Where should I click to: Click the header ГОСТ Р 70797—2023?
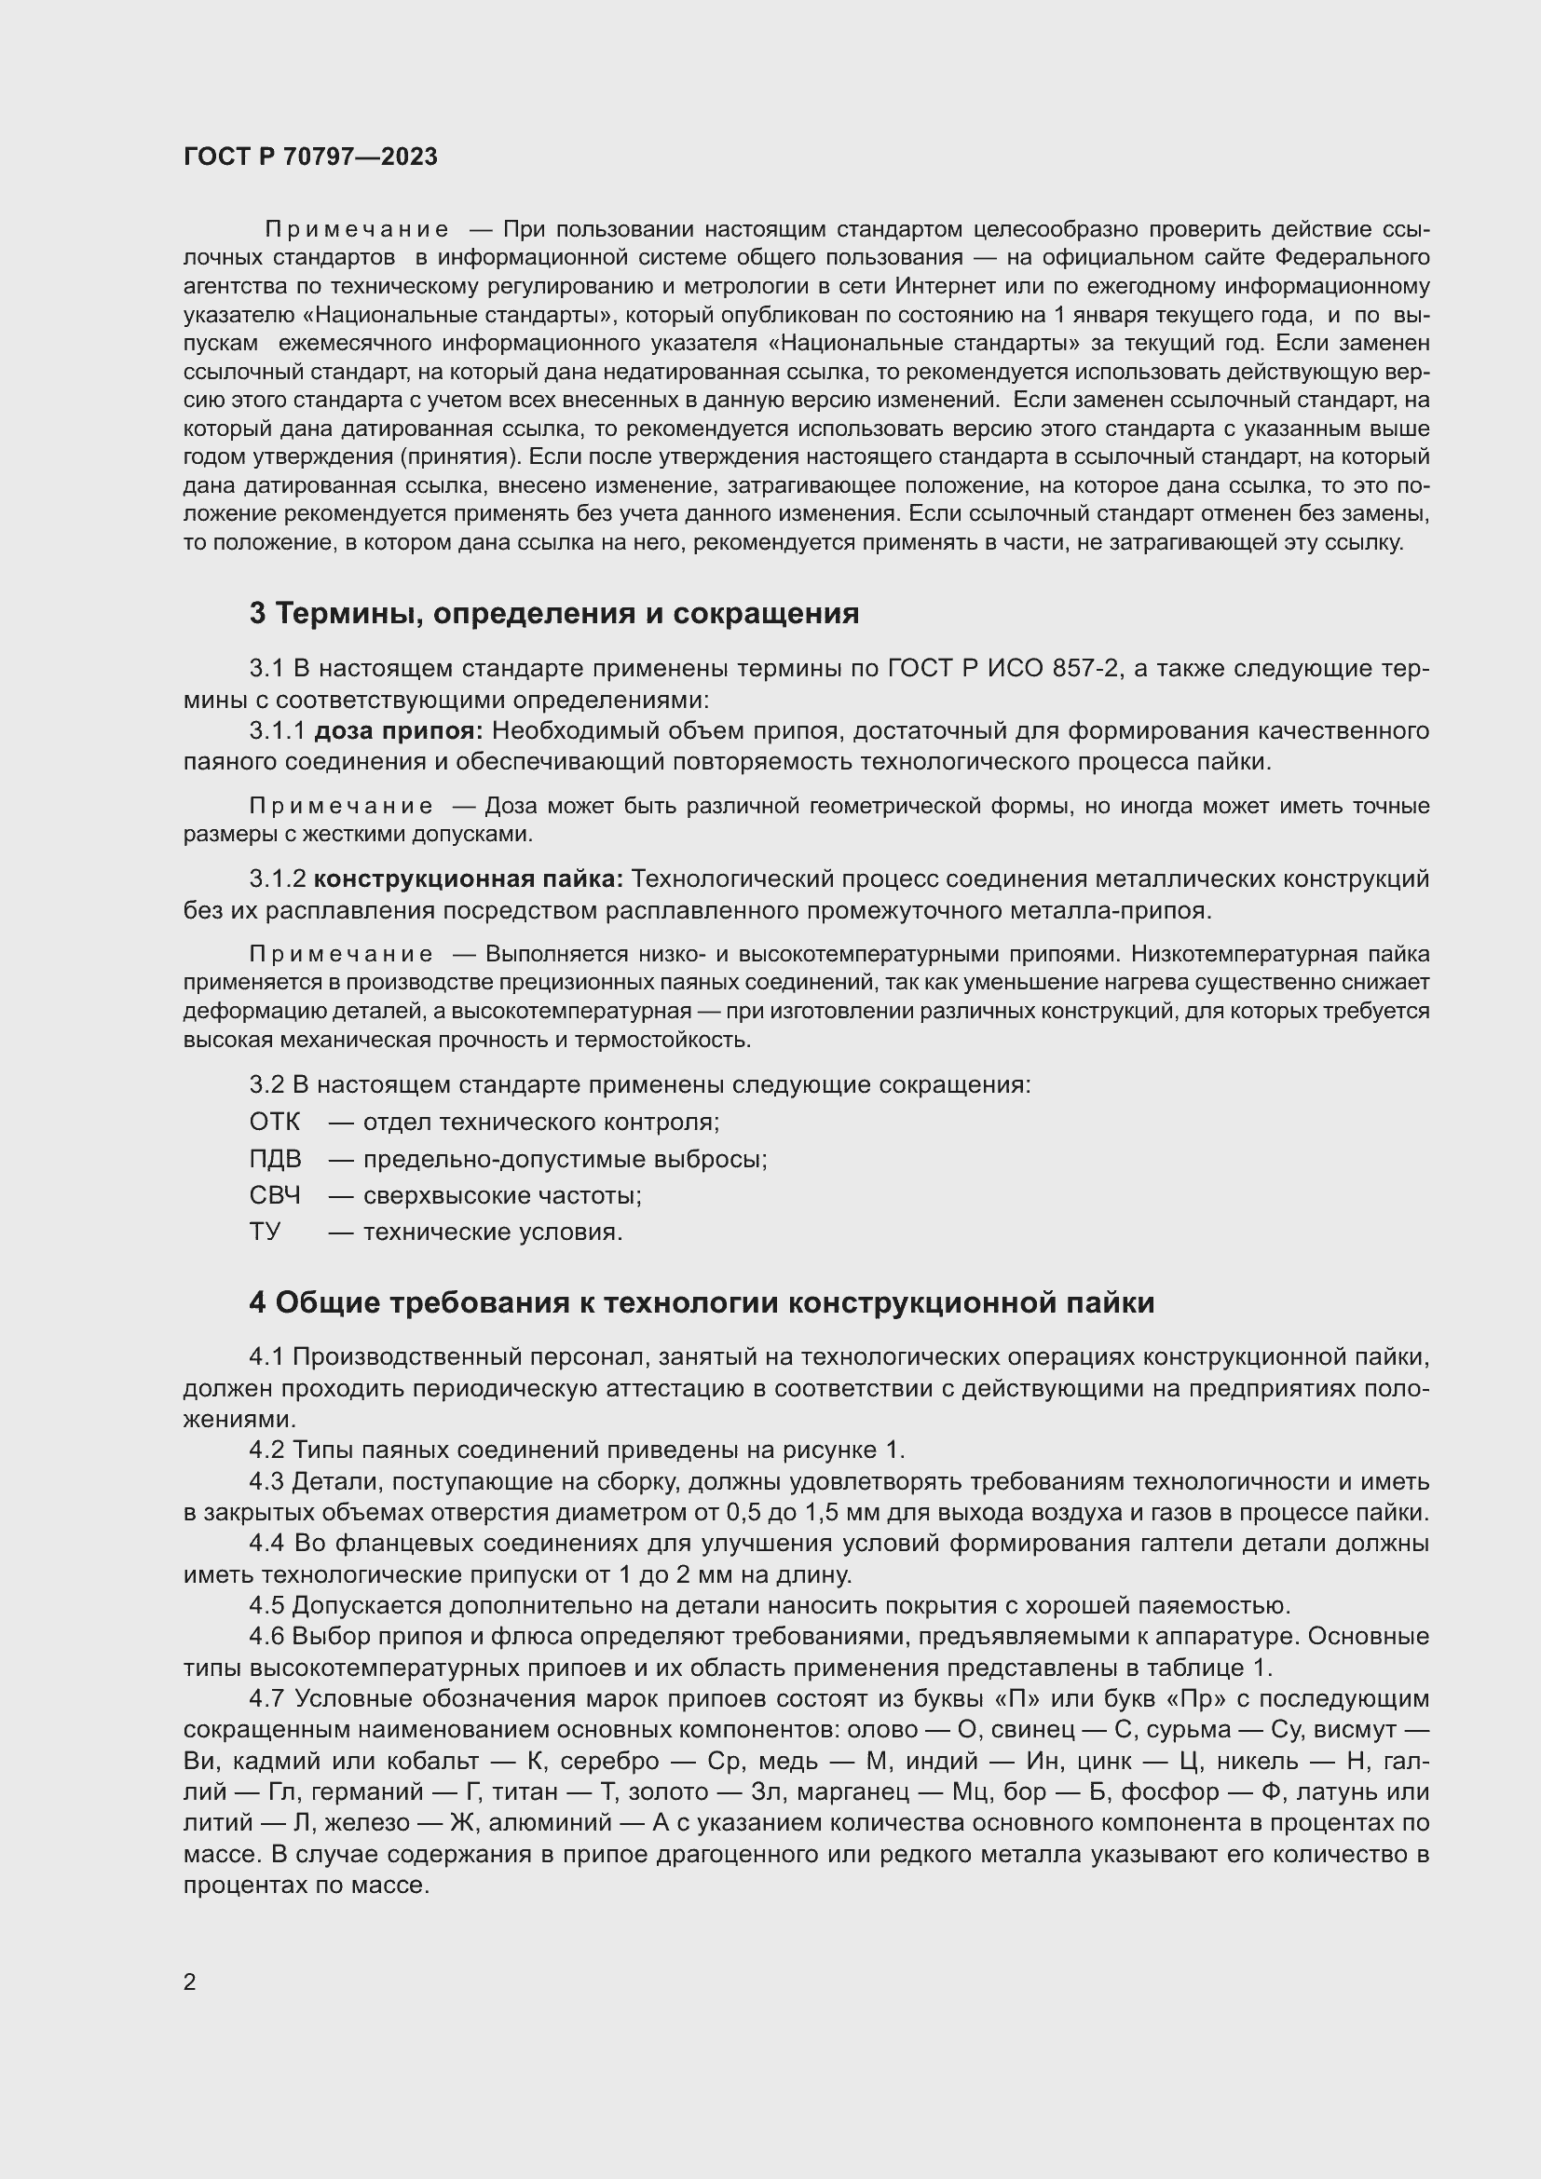(x=310, y=157)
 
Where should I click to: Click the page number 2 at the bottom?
(x=190, y=1982)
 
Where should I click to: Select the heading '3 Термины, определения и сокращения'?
(x=554, y=614)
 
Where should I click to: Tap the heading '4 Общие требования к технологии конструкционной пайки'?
(x=702, y=1303)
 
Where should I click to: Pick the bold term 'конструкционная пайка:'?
(x=469, y=878)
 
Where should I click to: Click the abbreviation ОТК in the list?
(x=274, y=1122)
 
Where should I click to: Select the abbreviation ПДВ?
(x=275, y=1159)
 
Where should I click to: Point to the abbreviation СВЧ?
(x=275, y=1195)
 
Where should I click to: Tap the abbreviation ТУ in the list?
(x=265, y=1232)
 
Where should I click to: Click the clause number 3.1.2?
(x=277, y=878)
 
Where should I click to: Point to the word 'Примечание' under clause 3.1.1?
(x=342, y=806)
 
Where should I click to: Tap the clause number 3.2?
(x=266, y=1083)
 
